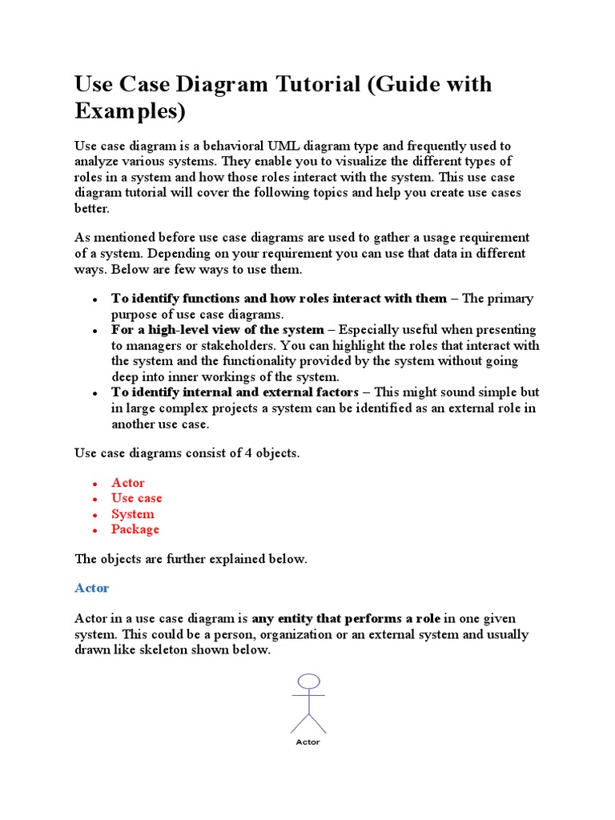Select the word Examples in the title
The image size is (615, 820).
[130, 112]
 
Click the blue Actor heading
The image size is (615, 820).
[91, 588]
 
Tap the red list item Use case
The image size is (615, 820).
[136, 498]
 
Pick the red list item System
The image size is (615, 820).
[132, 514]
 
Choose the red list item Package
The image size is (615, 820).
[135, 529]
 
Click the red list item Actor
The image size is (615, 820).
[127, 483]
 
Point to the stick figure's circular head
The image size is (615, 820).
[308, 681]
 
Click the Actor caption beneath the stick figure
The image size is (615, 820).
[307, 742]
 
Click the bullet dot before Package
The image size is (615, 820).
[94, 531]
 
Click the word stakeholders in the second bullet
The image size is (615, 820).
[236, 345]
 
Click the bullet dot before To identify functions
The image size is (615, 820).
[94, 299]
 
